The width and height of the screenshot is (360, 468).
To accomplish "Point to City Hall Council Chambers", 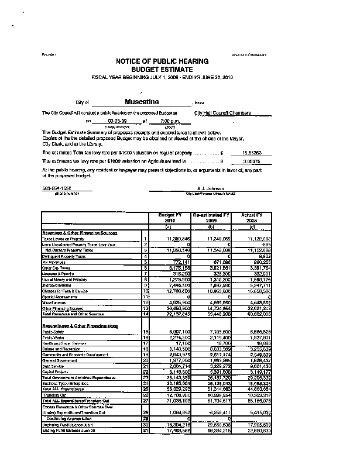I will pyautogui.click(x=222, y=112).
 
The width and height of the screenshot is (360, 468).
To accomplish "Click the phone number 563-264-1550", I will pyautogui.click(x=58, y=188).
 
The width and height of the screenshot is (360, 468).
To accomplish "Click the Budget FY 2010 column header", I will pyautogui.click(x=167, y=218).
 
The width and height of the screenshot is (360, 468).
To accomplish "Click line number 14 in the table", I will pyautogui.click(x=145, y=314).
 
